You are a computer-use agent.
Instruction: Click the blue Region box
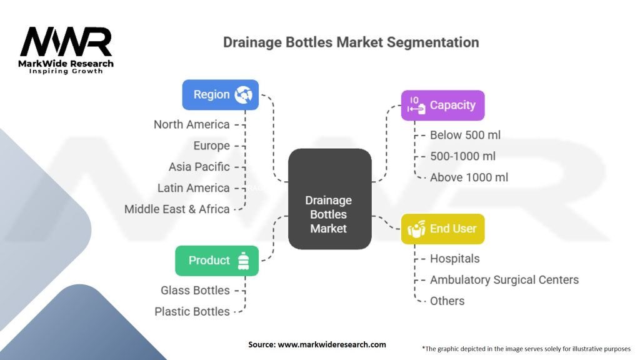[x=220, y=95]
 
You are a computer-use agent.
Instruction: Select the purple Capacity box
[x=442, y=106]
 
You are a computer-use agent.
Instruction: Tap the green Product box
[x=216, y=261]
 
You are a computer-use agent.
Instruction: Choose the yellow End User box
[x=442, y=229]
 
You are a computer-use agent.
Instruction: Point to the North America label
[x=192, y=124]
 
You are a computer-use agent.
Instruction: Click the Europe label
[x=212, y=146]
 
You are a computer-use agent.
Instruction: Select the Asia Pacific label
[x=199, y=167]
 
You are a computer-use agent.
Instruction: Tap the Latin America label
[x=194, y=188]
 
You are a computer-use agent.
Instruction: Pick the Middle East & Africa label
[x=177, y=209]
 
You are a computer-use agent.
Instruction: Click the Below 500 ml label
[x=465, y=135]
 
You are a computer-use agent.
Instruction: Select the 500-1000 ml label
[x=462, y=156]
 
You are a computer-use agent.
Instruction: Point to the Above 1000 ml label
[x=469, y=177]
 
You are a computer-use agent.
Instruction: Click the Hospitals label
[x=454, y=259]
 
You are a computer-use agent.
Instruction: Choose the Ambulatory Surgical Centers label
[x=504, y=280]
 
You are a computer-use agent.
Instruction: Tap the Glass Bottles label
[x=195, y=291]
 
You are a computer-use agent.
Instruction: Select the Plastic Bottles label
[x=192, y=311]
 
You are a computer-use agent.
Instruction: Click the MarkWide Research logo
[x=66, y=50]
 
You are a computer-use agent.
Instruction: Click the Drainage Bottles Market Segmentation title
[x=351, y=42]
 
